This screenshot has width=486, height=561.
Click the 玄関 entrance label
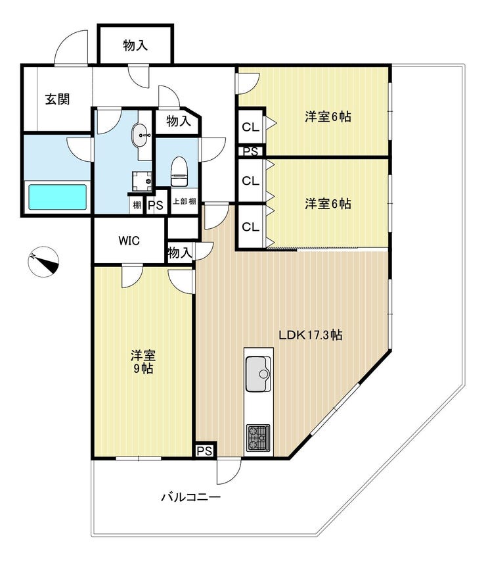tap(57, 99)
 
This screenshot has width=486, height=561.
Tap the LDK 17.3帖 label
tap(309, 334)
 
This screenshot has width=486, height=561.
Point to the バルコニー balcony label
tap(190, 497)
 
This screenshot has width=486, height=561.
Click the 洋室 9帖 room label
tap(142, 362)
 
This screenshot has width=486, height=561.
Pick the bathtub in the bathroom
tap(57, 197)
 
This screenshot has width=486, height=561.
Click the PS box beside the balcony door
tap(204, 451)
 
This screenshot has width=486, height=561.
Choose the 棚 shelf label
tap(136, 205)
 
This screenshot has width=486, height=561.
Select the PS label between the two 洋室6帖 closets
tap(250, 151)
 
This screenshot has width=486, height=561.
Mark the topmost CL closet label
tap(250, 127)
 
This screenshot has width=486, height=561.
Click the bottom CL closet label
tap(250, 228)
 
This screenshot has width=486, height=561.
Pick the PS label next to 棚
tap(156, 205)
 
